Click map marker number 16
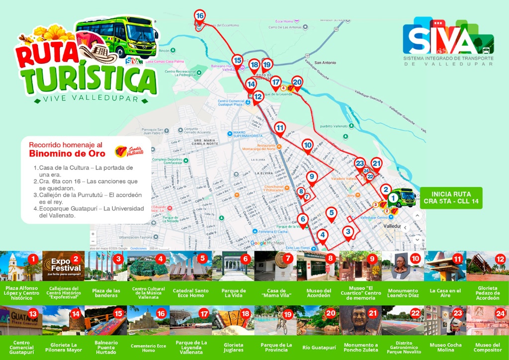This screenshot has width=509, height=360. point(200,16)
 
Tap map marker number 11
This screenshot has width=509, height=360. point(280,128)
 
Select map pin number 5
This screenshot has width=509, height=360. point(332,214)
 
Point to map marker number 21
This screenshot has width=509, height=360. point(376,164)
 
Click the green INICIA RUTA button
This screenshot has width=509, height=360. point(451,197)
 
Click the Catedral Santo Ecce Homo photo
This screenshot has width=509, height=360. point(191,266)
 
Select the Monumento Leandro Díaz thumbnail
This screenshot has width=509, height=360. point(403,266)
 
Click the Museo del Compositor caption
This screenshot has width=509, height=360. point(488,348)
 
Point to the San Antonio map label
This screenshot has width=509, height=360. point(326,63)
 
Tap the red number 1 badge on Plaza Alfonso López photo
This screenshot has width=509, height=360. point(33,259)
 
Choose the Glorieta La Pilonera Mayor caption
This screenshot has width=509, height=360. point(64,348)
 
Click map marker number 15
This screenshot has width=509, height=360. point(237,61)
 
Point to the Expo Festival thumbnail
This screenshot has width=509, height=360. point(64,266)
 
